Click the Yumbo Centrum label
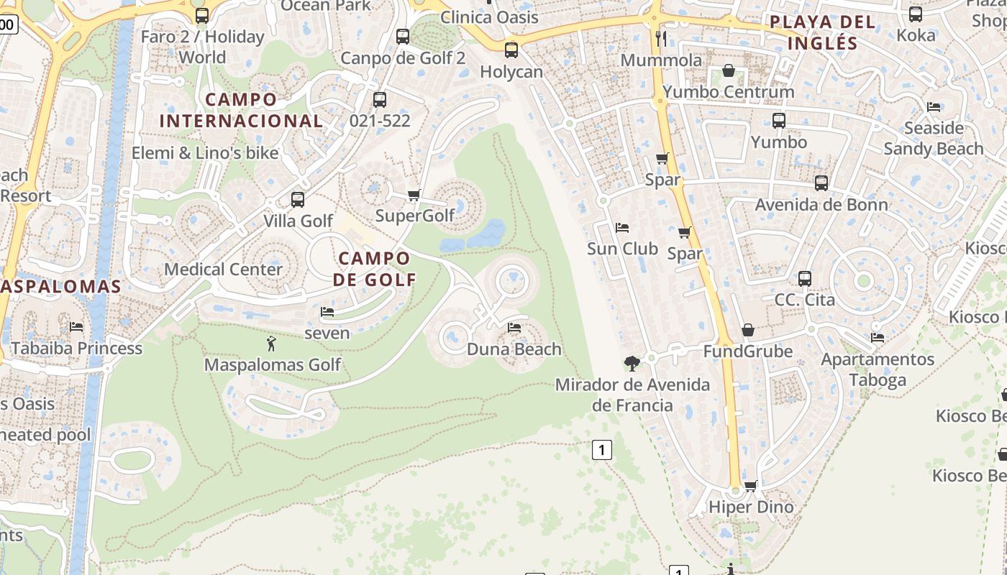tap(728, 92)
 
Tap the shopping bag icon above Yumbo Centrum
tap(728, 70)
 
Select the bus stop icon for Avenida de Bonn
tap(821, 183)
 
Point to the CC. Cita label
tap(804, 300)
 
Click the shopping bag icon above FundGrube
tap(748, 330)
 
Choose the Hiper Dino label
tap(751, 507)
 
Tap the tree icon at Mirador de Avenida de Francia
tap(632, 363)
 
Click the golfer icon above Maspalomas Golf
tap(271, 344)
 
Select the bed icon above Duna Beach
tap(514, 328)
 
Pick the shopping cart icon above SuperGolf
tap(414, 195)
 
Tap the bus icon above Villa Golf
tap(298, 199)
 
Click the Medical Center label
tap(223, 270)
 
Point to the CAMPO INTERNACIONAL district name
tap(240, 110)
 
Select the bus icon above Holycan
tap(511, 50)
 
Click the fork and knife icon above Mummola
tap(661, 38)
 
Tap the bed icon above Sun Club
tap(622, 228)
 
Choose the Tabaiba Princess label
tap(76, 349)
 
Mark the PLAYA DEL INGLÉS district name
tap(822, 32)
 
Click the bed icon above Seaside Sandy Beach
tap(934, 107)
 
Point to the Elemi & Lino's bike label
tap(205, 153)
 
